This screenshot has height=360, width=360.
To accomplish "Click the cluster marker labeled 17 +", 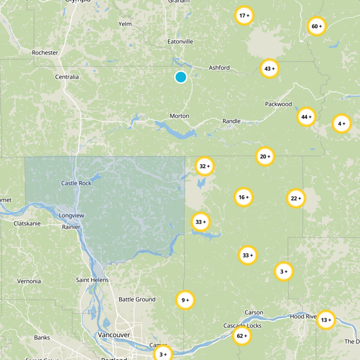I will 244,16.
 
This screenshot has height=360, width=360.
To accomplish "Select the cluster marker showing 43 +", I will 270,69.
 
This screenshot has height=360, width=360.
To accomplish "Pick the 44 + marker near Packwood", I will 306,117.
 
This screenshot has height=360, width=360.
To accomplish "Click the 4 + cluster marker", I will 341,123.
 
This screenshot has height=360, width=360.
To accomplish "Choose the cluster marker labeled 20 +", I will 265,157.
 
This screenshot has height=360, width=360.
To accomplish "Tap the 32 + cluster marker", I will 204,166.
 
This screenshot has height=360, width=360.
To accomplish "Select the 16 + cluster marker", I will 243,197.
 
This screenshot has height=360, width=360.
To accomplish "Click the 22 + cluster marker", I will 296,198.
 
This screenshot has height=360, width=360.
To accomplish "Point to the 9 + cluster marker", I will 185,300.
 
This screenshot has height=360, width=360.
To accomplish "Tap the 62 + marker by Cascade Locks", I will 242,336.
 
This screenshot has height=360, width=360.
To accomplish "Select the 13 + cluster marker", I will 326,320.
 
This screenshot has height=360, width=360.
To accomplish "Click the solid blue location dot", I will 180,77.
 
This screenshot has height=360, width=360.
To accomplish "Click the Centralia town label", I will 67,77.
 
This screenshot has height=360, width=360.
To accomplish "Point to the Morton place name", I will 179,116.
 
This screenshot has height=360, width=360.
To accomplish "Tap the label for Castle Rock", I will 76,183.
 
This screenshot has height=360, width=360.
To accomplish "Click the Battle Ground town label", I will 137,299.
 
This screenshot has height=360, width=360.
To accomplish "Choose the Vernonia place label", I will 29,281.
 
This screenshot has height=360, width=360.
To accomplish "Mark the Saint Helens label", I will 92,280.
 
